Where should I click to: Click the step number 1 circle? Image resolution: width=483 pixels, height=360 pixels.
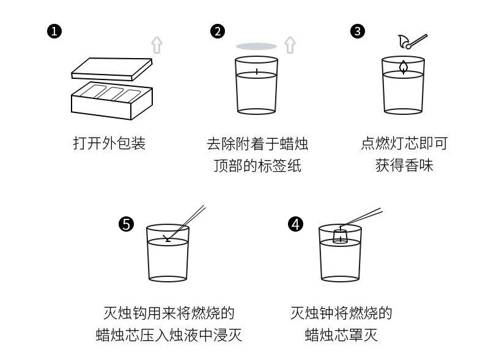(54, 31)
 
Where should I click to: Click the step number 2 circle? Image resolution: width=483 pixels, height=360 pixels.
(217, 31)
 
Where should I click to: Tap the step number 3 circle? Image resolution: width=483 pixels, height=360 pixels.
(358, 31)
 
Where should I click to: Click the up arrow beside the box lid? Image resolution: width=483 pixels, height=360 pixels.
(157, 44)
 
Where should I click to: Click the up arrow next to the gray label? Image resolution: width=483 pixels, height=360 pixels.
(290, 44)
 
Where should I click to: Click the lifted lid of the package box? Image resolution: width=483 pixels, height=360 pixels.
(111, 67)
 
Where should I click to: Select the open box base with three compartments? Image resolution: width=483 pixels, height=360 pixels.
(111, 100)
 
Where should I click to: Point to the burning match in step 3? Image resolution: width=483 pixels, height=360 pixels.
(411, 42)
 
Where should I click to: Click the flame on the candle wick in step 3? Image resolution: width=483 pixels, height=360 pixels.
(404, 67)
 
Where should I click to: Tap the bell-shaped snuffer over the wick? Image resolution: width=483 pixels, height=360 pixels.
(340, 235)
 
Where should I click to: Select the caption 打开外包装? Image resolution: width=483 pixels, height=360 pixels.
(109, 144)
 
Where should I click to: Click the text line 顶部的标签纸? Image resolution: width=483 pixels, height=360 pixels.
(257, 166)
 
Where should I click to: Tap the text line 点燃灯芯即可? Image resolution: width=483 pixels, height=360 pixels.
(404, 144)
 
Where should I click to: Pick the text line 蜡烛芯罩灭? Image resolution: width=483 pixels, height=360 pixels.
(341, 335)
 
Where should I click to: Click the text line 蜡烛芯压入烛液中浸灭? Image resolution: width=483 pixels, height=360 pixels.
(169, 335)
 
